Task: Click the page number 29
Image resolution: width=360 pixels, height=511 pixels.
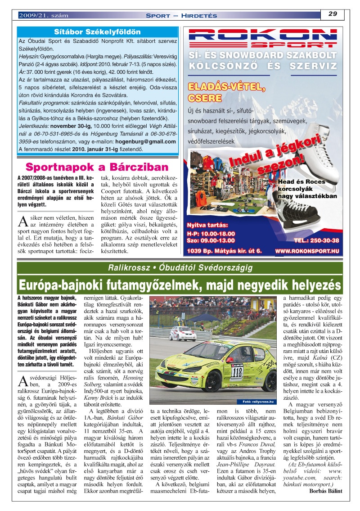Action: (x=333, y=14)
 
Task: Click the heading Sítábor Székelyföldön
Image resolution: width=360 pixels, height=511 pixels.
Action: (x=97, y=32)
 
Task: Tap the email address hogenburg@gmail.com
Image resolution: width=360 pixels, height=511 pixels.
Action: (x=146, y=141)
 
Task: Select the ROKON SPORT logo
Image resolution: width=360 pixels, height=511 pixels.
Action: (x=262, y=38)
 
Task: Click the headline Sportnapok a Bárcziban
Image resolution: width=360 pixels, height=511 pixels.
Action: (x=97, y=167)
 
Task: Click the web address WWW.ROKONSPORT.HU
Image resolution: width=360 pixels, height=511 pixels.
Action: (x=307, y=251)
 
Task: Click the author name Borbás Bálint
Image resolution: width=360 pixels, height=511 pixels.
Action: (x=326, y=491)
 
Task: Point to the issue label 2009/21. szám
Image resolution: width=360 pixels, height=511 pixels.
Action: (x=43, y=16)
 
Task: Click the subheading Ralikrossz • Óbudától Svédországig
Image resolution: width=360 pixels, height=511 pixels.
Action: (x=180, y=268)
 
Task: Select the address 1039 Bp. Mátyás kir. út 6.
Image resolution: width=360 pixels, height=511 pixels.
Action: (x=224, y=251)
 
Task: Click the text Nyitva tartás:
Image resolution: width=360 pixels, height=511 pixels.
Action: (x=207, y=225)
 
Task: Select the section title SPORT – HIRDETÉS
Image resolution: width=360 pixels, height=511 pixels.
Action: (x=181, y=16)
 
